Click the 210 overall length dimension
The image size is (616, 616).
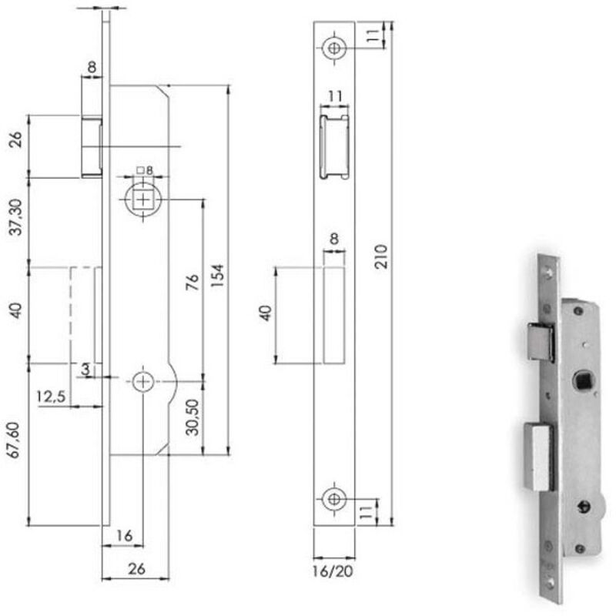click(x=380, y=256)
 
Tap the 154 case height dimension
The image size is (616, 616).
click(x=217, y=276)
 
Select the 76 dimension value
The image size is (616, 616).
click(x=192, y=282)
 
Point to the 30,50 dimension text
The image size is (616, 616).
click(x=192, y=417)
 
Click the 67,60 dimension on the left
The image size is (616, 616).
click(x=14, y=440)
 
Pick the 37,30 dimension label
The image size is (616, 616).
click(x=15, y=217)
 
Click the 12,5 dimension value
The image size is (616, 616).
click(x=51, y=397)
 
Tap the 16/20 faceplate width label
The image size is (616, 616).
click(x=333, y=571)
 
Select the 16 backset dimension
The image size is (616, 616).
click(x=125, y=535)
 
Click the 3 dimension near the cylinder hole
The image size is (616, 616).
click(x=85, y=370)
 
